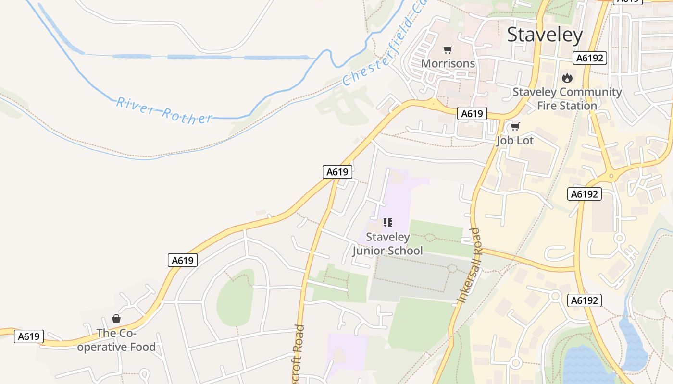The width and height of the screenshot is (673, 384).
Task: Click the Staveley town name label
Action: click(x=545, y=35)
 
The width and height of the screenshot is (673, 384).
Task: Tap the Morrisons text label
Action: click(x=448, y=63)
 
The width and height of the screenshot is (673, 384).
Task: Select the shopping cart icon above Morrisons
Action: click(x=448, y=49)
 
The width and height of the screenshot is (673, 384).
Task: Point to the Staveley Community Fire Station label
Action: click(x=567, y=98)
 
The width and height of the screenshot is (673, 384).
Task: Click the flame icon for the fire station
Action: click(x=567, y=78)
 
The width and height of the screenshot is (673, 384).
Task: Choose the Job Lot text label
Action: click(x=515, y=141)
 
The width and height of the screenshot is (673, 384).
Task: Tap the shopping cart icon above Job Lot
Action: click(x=515, y=127)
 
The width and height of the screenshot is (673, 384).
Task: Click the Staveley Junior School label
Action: click(x=387, y=243)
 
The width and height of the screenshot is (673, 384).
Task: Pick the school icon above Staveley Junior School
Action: click(x=388, y=223)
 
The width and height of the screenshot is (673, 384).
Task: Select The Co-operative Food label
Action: click(x=116, y=340)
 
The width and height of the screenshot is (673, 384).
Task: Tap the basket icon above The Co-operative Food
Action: click(x=116, y=319)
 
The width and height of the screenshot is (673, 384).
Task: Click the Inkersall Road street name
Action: click(x=469, y=265)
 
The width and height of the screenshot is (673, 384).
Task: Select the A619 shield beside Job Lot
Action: click(x=472, y=114)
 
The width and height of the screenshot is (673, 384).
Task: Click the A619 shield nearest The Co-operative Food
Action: click(x=29, y=336)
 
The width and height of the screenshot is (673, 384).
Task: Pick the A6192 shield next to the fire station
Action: click(x=590, y=59)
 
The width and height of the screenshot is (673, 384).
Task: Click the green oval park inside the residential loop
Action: click(x=235, y=298)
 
